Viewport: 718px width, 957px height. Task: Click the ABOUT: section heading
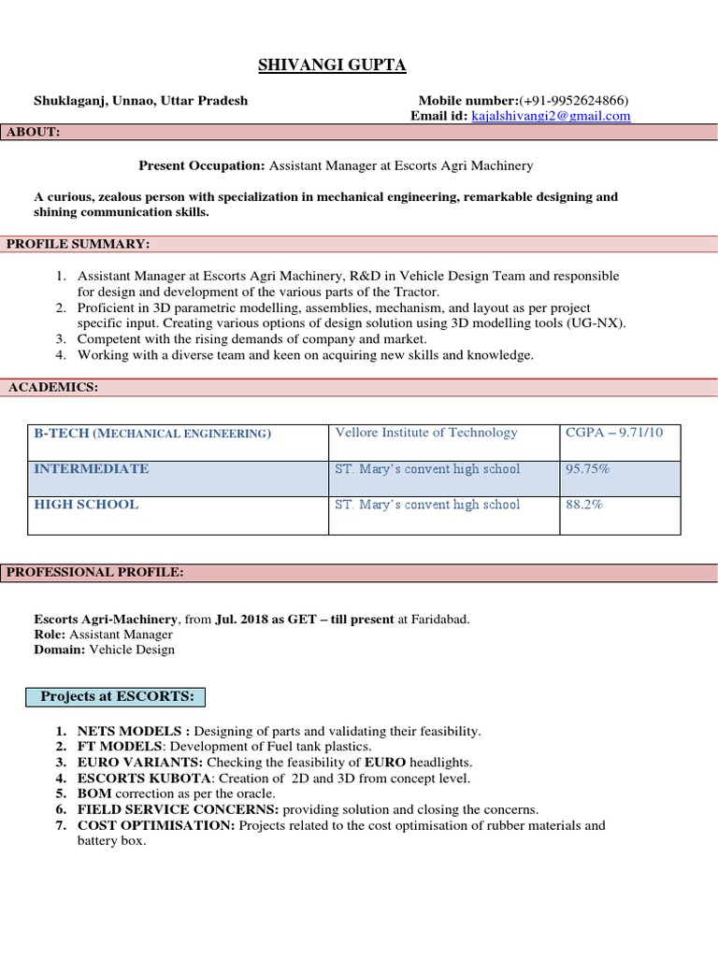point(34,132)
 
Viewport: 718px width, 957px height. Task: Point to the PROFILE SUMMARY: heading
point(79,244)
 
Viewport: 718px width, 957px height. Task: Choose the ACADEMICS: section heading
point(53,387)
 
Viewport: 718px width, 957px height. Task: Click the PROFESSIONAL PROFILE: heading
point(96,571)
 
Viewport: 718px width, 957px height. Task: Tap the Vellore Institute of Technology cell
point(425,433)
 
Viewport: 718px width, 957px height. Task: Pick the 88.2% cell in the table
point(584,504)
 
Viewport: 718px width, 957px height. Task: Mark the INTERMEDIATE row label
point(91,468)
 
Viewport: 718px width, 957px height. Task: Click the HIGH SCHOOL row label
point(86,504)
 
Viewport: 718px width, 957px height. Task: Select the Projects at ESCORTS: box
point(117,696)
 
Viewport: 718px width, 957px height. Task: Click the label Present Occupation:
point(202,165)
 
